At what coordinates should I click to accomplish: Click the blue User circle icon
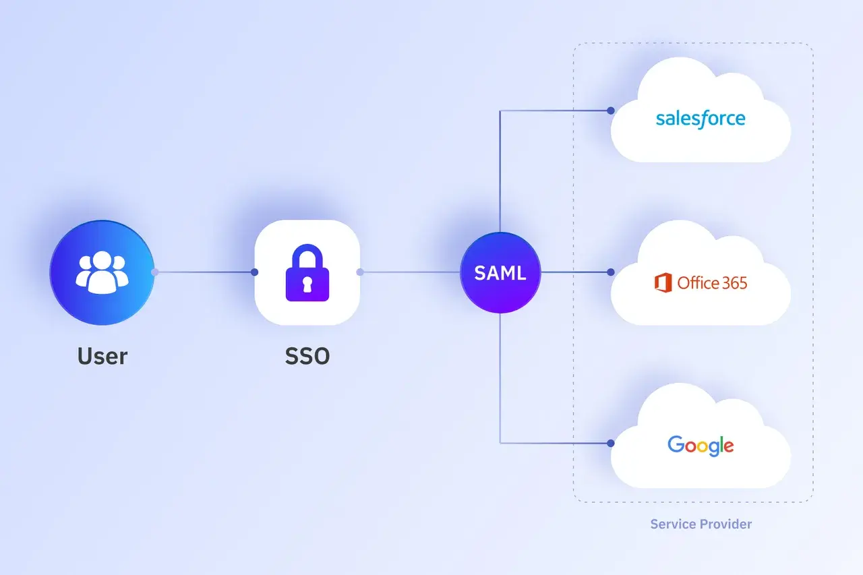point(102,273)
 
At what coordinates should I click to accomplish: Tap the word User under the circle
point(102,356)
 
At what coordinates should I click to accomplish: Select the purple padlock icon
point(307,273)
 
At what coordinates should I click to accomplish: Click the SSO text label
point(307,356)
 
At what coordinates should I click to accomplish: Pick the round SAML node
point(500,273)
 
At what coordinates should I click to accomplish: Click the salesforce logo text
point(701,119)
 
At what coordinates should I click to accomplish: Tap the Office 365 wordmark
point(712,283)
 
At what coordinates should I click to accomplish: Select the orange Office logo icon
point(663,282)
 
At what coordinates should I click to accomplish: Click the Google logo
point(701,446)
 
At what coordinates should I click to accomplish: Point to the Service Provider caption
point(701,524)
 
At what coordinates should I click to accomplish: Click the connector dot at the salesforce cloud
point(611,111)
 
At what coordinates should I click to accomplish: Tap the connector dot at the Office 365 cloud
point(611,272)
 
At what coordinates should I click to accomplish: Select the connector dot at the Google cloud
point(611,444)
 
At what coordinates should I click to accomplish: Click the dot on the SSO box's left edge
point(254,272)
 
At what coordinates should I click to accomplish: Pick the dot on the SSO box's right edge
point(360,272)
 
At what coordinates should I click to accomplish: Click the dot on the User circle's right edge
point(155,272)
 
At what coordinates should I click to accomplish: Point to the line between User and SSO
point(204,272)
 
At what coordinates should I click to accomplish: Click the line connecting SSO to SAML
point(410,272)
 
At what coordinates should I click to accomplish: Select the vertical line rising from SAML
point(500,171)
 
